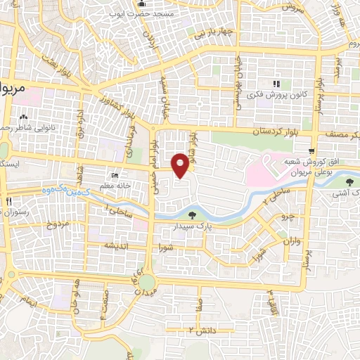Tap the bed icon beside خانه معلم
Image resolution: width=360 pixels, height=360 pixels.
[x=115, y=175]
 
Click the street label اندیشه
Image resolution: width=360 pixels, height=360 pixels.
[x=114, y=245]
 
